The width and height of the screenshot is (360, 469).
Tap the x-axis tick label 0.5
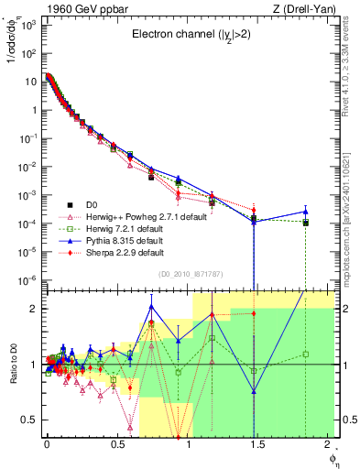point(116,446)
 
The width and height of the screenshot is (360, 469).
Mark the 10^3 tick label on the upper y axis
point(29,25)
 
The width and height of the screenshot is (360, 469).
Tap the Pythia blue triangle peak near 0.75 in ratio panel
point(151,307)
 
